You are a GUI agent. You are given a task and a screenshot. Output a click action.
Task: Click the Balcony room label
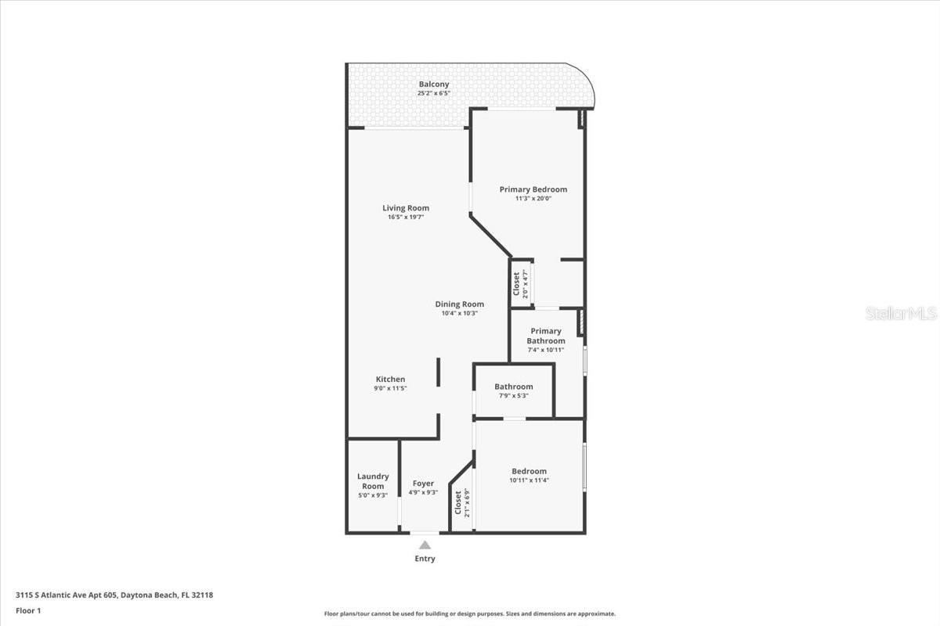(x=433, y=85)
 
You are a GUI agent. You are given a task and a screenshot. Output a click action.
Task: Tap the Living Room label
(x=406, y=208)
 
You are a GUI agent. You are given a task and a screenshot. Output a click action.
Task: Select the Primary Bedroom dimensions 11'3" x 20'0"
(x=533, y=198)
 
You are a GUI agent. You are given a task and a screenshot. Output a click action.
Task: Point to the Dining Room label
(x=459, y=304)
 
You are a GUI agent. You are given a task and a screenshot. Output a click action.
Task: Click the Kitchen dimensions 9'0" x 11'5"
(x=390, y=388)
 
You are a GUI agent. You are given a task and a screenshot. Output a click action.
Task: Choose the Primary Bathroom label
(x=545, y=336)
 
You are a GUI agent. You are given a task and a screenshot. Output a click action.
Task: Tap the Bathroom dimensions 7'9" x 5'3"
(x=513, y=395)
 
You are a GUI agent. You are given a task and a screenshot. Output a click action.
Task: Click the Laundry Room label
(x=373, y=481)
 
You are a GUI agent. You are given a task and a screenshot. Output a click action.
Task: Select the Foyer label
(x=423, y=484)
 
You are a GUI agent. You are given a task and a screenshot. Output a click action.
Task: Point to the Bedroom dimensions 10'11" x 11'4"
(x=529, y=480)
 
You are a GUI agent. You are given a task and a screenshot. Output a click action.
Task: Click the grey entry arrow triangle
(x=425, y=545)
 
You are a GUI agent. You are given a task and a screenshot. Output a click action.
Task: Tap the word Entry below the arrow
(x=425, y=559)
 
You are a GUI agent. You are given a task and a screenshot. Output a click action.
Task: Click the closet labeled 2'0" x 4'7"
(x=520, y=284)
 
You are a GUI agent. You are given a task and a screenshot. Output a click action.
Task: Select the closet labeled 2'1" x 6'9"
(x=462, y=502)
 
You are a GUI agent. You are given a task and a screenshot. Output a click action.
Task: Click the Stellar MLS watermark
(x=901, y=313)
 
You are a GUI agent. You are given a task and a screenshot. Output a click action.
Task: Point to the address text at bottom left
(x=114, y=595)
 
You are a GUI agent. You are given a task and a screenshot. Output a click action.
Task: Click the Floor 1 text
(x=28, y=610)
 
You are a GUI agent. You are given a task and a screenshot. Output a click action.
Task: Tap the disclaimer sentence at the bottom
(x=469, y=613)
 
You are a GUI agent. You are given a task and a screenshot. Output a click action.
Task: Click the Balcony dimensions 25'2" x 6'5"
(x=433, y=93)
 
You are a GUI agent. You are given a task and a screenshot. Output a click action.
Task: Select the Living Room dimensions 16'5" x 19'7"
(x=406, y=218)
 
